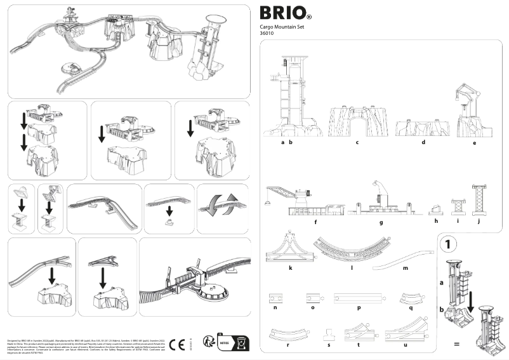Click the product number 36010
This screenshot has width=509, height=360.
[x=268, y=35]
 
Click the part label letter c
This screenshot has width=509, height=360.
[x=357, y=143]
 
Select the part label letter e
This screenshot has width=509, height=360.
[x=474, y=143]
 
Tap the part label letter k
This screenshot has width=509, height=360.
[x=290, y=268]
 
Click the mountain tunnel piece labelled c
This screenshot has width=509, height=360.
[x=357, y=121]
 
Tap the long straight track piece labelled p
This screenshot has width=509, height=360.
[x=359, y=297]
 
